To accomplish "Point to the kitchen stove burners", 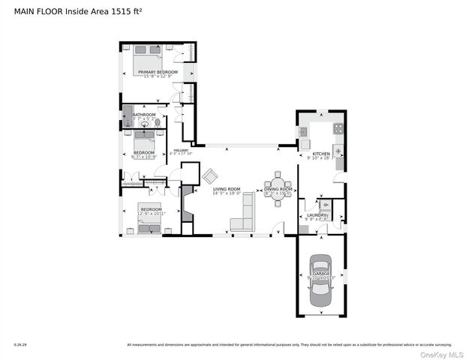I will [338, 128].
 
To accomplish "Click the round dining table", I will [278, 187].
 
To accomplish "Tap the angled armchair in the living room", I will [210, 176].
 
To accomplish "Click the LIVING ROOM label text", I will [226, 189].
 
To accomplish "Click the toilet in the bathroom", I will [158, 121].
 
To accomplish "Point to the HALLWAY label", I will [182, 150].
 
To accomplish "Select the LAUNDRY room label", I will [315, 215].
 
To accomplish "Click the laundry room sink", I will [326, 204].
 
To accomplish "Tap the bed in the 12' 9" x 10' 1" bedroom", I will [149, 221].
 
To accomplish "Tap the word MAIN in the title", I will [26, 10].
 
